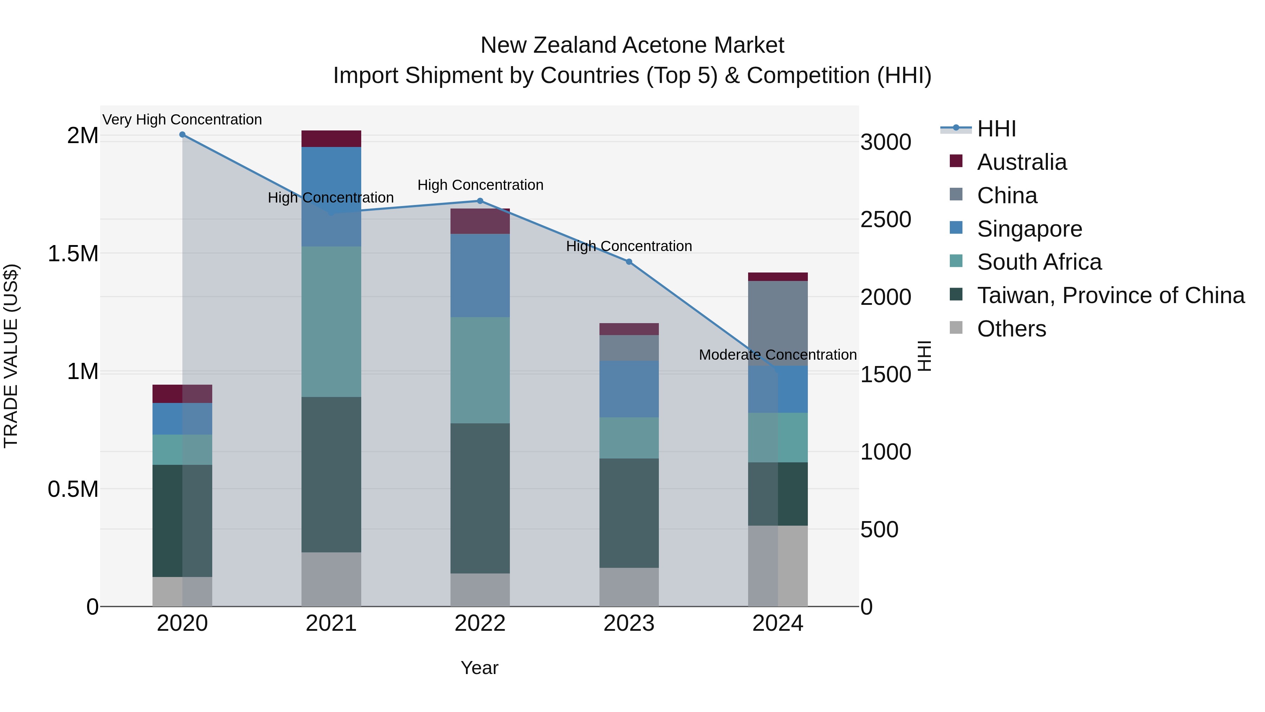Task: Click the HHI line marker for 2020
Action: [x=182, y=135]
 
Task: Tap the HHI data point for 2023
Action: [x=629, y=262]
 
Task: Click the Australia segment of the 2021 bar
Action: [x=331, y=139]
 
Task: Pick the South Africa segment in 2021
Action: [x=331, y=322]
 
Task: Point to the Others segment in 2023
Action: [x=629, y=587]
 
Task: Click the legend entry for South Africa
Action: [x=1039, y=262]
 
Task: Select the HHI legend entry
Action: [x=996, y=129]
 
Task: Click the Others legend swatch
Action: [x=956, y=328]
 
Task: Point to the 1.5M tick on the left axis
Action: [x=73, y=254]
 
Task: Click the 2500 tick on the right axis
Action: [x=885, y=220]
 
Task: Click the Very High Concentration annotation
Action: [x=182, y=120]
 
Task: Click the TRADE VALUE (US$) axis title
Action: [x=11, y=356]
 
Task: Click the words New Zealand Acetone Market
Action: [x=632, y=45]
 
